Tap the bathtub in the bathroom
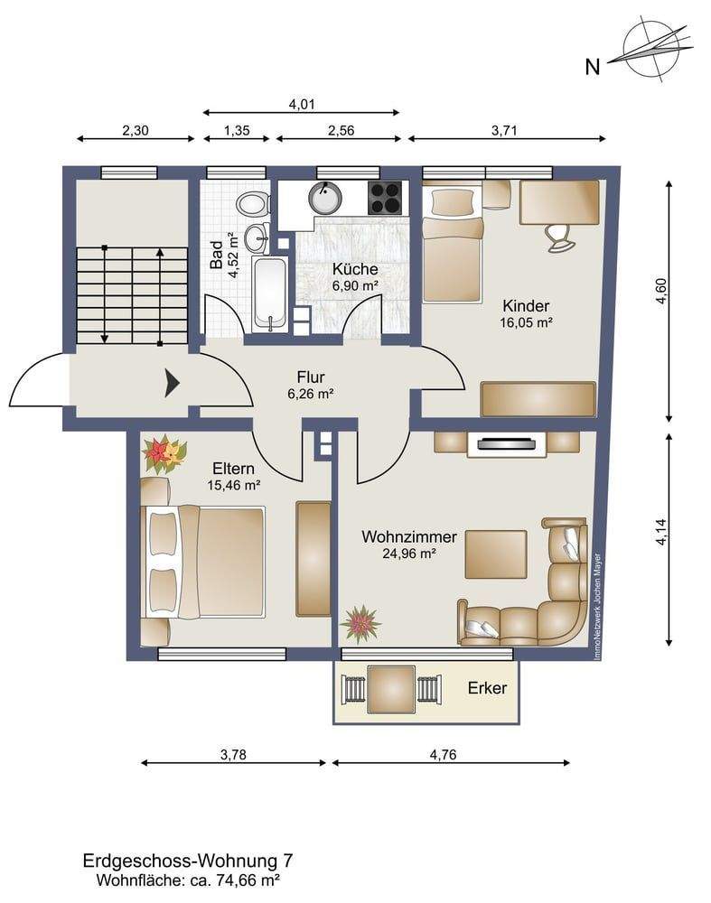tap(269, 295)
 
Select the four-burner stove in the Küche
tap(385, 198)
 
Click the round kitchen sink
tap(325, 198)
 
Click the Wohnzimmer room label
tap(409, 536)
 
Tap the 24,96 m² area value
tap(408, 554)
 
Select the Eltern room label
tap(233, 468)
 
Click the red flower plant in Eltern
tap(164, 455)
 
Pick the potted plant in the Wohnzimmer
tap(360, 624)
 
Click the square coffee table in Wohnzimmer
tap(496, 554)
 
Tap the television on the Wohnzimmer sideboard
tap(507, 444)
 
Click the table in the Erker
tap(391, 688)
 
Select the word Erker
tap(488, 687)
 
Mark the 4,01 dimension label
tap(302, 104)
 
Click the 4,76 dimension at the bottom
tap(443, 754)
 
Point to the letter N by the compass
tap(593, 68)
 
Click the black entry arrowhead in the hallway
tap(173, 383)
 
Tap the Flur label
tap(311, 377)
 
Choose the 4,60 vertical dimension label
tap(661, 291)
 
